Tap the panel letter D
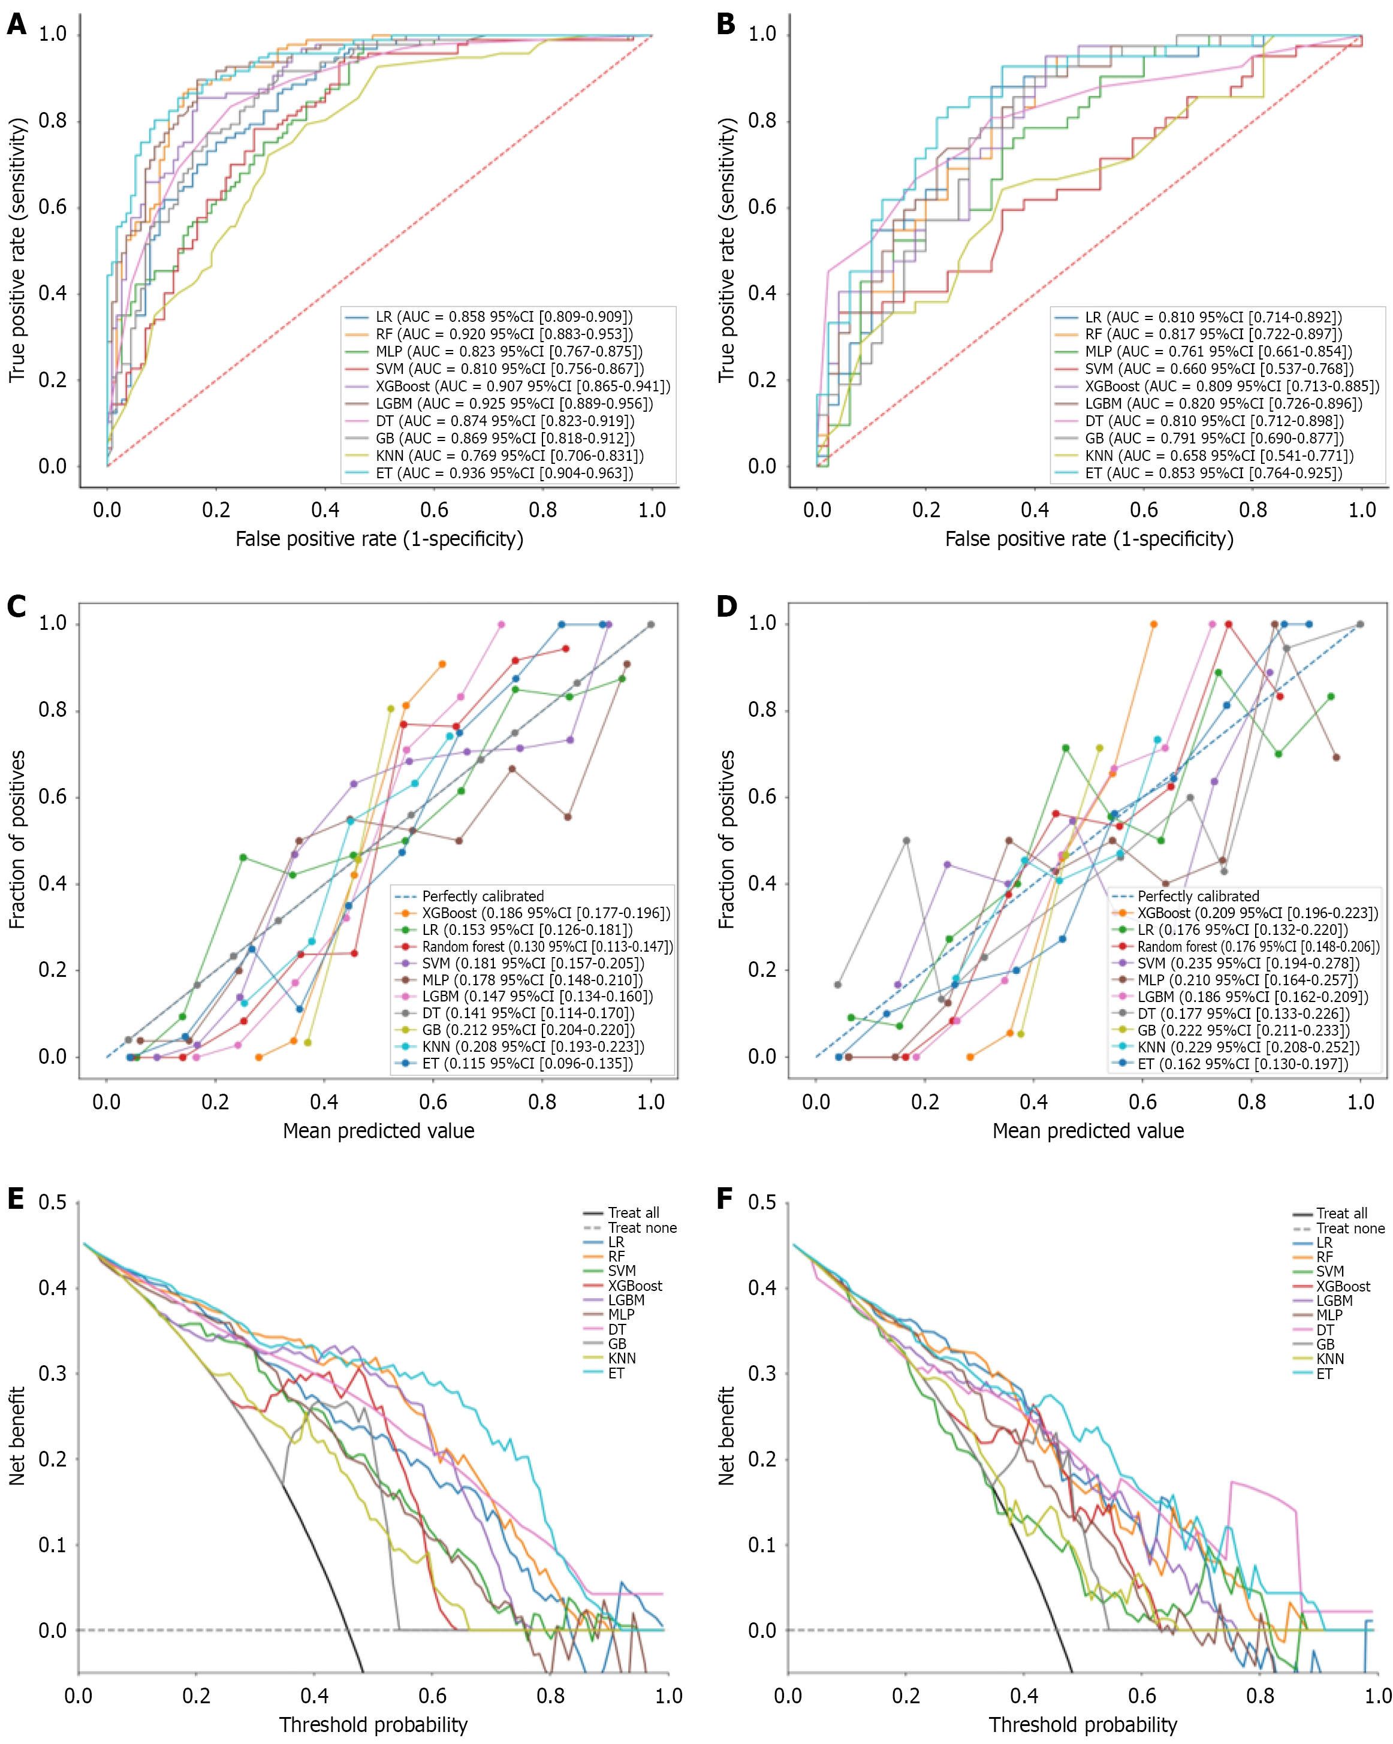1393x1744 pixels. point(726,607)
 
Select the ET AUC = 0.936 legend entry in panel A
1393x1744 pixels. point(503,473)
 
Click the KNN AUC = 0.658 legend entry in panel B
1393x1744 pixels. point(1218,455)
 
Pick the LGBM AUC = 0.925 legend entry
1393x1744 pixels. point(513,404)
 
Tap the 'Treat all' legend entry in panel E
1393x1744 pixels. point(634,1212)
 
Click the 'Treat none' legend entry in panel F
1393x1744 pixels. point(1350,1228)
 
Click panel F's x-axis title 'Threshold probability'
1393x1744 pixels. point(1083,1725)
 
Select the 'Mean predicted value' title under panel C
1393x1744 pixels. point(379,1131)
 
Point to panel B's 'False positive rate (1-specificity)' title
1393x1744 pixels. point(1089,539)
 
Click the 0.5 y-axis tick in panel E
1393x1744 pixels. point(53,1202)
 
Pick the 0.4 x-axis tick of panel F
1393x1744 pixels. point(1024,1695)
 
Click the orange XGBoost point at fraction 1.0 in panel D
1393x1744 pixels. point(1154,624)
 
